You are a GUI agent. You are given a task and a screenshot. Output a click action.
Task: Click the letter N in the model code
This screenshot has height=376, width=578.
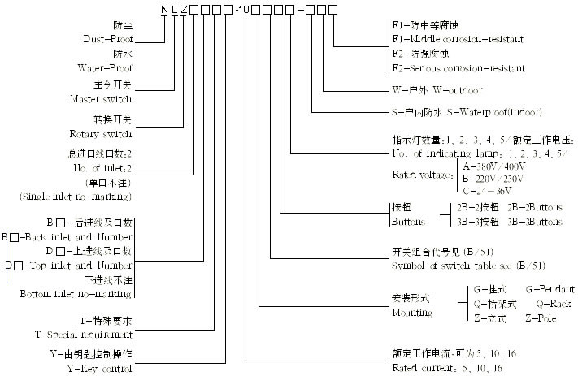coord(163,8)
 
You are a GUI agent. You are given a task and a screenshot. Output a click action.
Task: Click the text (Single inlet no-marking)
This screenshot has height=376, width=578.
coord(75,197)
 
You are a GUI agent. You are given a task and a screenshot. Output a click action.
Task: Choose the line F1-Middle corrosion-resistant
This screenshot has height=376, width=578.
coord(457,39)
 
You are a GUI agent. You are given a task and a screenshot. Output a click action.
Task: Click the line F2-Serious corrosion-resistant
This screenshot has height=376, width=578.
coord(458,68)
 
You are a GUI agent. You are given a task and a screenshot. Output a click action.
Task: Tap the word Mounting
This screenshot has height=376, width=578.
coord(412,312)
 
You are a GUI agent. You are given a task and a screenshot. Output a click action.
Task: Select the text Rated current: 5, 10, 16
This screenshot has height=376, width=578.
coord(446,368)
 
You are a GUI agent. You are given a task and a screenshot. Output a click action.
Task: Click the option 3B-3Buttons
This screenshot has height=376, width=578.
coord(535,222)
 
